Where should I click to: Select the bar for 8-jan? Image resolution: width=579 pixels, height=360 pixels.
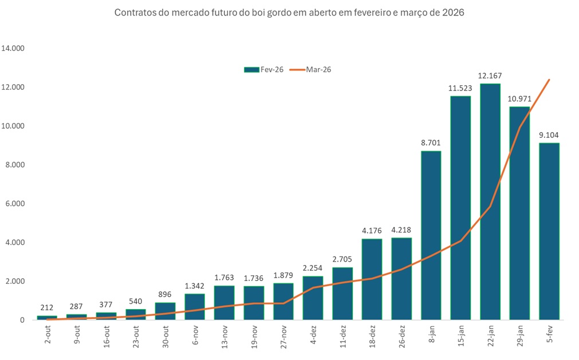431,235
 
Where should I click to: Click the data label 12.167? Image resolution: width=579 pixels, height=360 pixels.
490,76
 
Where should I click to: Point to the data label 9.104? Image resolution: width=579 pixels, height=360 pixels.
549,135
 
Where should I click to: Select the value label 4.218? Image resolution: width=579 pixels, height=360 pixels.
401,230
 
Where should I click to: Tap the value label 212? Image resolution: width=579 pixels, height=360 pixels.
47,308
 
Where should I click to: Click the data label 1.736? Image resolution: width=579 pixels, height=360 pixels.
254,278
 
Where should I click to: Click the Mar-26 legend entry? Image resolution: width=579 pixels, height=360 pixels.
310,69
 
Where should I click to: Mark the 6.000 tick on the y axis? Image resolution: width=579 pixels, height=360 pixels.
15,204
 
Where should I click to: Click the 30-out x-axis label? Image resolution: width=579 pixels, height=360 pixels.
166,338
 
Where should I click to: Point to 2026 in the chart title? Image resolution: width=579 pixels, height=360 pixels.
453,12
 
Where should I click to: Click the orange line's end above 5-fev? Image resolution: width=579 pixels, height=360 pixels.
549,80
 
